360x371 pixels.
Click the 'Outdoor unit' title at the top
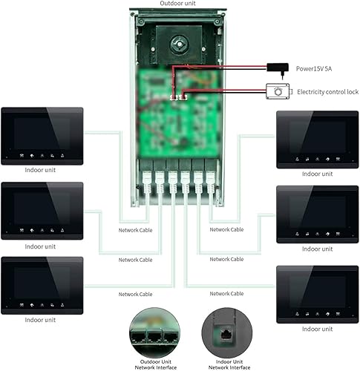coord(179,4)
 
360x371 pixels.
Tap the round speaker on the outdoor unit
coord(179,44)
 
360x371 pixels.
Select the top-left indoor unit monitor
coord(42,135)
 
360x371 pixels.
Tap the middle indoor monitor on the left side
coord(42,210)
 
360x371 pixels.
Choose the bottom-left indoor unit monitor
coord(42,283)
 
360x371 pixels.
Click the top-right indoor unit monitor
coord(317,139)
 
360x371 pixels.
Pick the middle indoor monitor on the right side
coord(317,214)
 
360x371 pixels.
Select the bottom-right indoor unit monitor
coord(317,293)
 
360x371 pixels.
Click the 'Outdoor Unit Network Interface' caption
coord(154,363)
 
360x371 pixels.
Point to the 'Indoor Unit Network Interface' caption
coord(225,363)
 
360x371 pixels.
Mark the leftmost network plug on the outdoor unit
coord(147,180)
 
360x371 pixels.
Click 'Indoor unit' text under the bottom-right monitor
coord(317,329)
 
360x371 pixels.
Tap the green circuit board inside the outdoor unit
coord(178,111)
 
